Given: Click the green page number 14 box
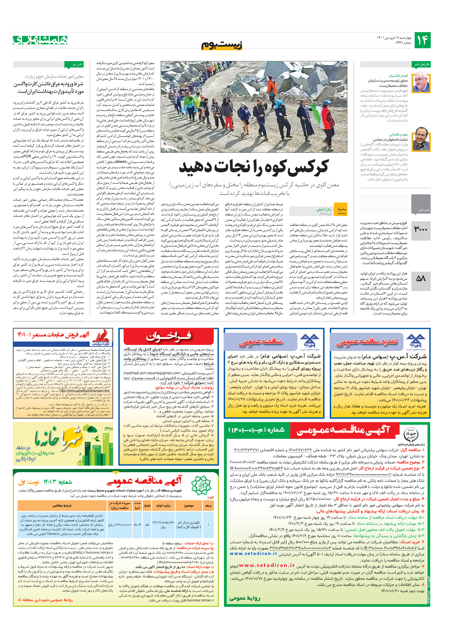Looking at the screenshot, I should [x=422, y=40].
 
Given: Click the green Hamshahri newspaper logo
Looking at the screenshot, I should [x=40, y=40].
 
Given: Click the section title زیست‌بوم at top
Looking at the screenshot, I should [x=222, y=45].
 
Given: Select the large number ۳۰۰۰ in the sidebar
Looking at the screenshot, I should [x=421, y=230].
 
